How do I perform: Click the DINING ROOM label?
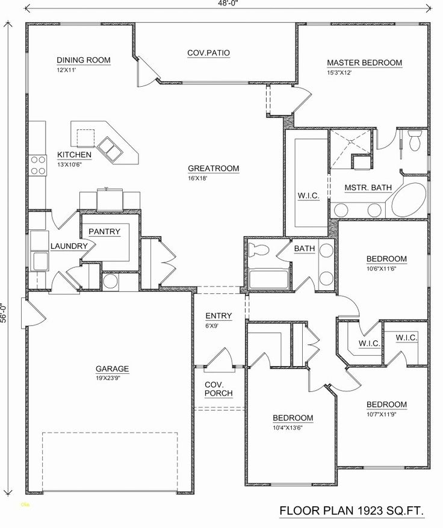(85, 60)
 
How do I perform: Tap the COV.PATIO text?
(208, 53)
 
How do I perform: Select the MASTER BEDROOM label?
(364, 63)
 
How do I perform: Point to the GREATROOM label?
(213, 169)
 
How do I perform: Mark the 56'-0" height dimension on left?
(5, 314)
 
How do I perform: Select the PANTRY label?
(105, 232)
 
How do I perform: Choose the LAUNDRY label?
(70, 246)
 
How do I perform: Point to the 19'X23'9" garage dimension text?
(112, 378)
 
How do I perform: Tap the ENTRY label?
(218, 316)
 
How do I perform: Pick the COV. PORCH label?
(218, 388)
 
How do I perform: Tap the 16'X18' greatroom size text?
(199, 178)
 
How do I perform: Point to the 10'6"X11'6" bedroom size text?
(386, 269)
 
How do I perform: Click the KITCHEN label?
(74, 155)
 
